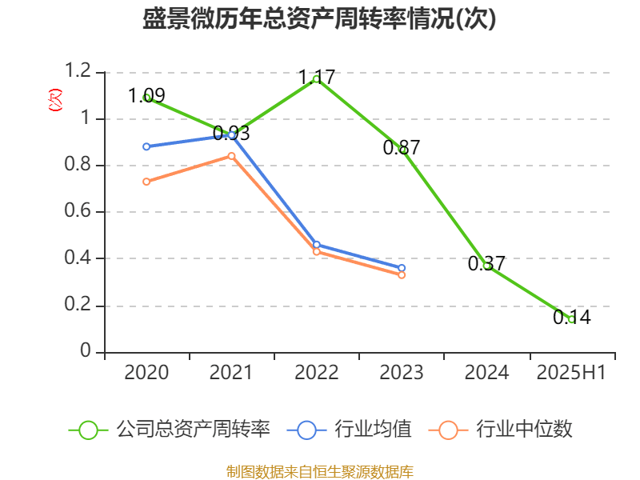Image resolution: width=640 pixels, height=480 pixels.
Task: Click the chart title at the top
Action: pos(320,19)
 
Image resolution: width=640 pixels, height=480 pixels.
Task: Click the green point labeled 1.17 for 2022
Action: pos(317,78)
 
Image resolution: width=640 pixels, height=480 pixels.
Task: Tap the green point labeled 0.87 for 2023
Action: pos(402,149)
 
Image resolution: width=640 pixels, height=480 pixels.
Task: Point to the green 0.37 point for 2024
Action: pos(486,266)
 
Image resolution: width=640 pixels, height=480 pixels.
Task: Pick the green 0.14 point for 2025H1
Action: pos(571,319)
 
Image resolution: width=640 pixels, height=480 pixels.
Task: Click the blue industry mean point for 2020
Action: pos(146,146)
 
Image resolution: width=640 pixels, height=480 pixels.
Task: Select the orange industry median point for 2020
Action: pos(146,182)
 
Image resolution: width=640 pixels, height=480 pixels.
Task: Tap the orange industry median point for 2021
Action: pos(232,156)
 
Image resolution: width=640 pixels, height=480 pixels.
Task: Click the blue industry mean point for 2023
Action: pos(402,268)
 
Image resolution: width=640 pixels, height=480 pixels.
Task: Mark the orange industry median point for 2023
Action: pos(402,275)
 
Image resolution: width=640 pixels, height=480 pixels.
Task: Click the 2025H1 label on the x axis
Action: pos(571,373)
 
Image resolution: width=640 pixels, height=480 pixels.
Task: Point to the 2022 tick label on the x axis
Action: pos(317,373)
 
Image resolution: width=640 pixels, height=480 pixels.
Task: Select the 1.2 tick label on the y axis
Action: pos(80,73)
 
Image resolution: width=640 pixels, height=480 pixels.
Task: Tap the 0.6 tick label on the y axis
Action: pos(80,213)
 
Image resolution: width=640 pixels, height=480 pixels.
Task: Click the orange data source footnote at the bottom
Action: pos(320,471)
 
